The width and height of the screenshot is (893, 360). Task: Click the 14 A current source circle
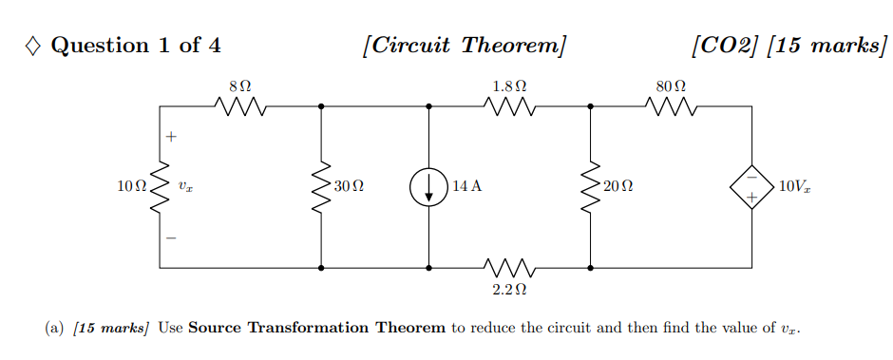click(x=429, y=187)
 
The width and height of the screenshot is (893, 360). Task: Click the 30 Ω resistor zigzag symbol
click(x=321, y=187)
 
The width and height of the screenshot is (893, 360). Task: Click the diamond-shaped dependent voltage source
click(x=750, y=187)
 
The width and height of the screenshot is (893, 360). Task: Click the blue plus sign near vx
click(x=172, y=138)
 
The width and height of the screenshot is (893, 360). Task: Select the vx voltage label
click(x=185, y=188)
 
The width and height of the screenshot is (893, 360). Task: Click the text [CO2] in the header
click(x=727, y=46)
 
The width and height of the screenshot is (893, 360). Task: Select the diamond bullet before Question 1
click(x=33, y=46)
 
